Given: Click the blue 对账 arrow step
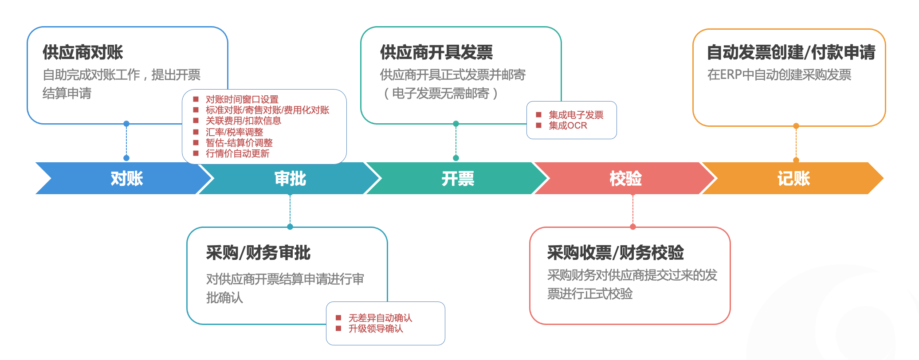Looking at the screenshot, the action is pyautogui.click(x=126, y=178).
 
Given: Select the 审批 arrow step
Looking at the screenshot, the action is pyautogui.click(x=290, y=178).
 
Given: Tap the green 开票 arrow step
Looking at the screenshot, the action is pyautogui.click(x=458, y=178).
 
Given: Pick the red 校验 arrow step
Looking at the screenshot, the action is pyautogui.click(x=625, y=178).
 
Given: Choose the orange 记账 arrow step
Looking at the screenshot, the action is pyautogui.click(x=793, y=178).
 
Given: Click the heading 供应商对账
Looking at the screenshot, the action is pyautogui.click(x=83, y=52).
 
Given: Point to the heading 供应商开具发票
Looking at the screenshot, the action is pyautogui.click(x=436, y=52).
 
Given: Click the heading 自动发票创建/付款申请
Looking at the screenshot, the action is pyautogui.click(x=791, y=52).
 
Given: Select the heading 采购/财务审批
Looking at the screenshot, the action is pyautogui.click(x=258, y=253).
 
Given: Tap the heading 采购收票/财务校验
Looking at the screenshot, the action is pyautogui.click(x=615, y=253).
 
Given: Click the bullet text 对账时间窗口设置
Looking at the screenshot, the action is pyautogui.click(x=242, y=99).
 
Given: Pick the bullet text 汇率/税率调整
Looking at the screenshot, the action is pyautogui.click(x=234, y=132).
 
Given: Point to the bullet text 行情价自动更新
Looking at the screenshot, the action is pyautogui.click(x=237, y=153).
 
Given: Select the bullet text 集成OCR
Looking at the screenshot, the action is pyautogui.click(x=568, y=125).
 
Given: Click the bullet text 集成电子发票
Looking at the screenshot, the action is pyautogui.click(x=576, y=115).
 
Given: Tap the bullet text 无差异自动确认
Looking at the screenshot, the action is pyautogui.click(x=380, y=318).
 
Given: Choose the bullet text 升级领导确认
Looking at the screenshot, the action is pyautogui.click(x=376, y=329).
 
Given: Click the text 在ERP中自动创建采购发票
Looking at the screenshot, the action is pyautogui.click(x=779, y=74).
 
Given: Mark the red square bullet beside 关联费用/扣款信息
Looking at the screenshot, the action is pyautogui.click(x=196, y=121).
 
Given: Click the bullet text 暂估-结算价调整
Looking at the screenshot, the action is pyautogui.click(x=239, y=143).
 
